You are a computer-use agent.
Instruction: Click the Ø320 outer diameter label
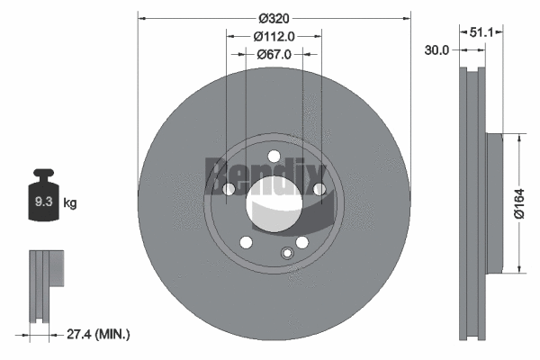pyautogui.click(x=273, y=17)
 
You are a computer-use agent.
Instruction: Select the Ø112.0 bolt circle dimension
pyautogui.click(x=273, y=37)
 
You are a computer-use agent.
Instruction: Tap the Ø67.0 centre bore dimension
pyautogui.click(x=273, y=55)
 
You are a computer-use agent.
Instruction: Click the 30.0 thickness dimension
pyautogui.click(x=436, y=50)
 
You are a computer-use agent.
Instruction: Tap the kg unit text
pyautogui.click(x=70, y=203)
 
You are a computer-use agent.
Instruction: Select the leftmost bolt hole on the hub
pyautogui.click(x=227, y=189)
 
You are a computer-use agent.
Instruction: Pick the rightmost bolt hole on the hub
pyautogui.click(x=319, y=189)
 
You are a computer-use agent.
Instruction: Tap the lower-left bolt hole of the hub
pyautogui.click(x=244, y=242)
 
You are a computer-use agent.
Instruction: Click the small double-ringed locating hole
pyautogui.click(x=287, y=254)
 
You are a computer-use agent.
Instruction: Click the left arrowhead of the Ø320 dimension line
pyautogui.click(x=141, y=17)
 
